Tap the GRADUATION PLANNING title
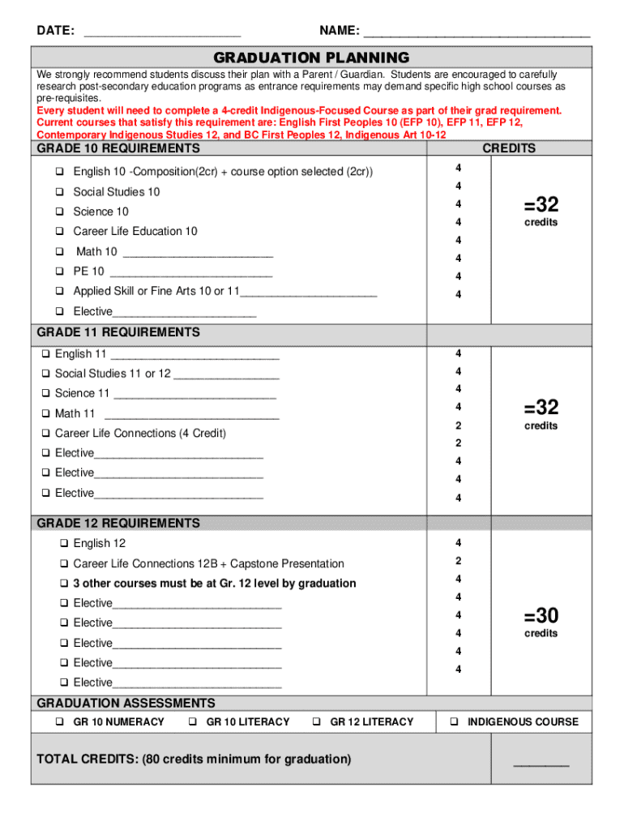pyautogui.click(x=311, y=58)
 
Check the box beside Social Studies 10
pyautogui.click(x=60, y=192)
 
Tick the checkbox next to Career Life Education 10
pyautogui.click(x=60, y=232)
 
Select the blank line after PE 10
pyautogui.click(x=190, y=274)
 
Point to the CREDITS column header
pyautogui.click(x=509, y=149)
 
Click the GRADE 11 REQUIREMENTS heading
pyautogui.click(x=118, y=332)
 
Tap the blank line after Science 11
pyautogui.click(x=194, y=396)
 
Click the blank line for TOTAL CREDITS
pyautogui.click(x=541, y=764)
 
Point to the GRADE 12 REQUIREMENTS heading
pyautogui.click(x=118, y=524)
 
